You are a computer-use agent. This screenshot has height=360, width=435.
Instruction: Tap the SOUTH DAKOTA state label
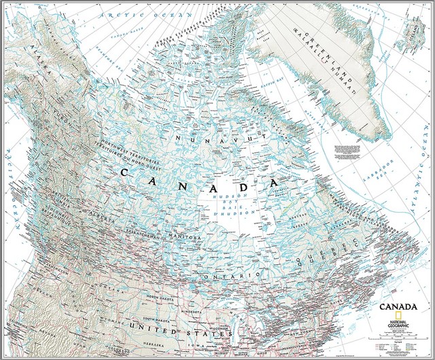coord(156,319)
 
